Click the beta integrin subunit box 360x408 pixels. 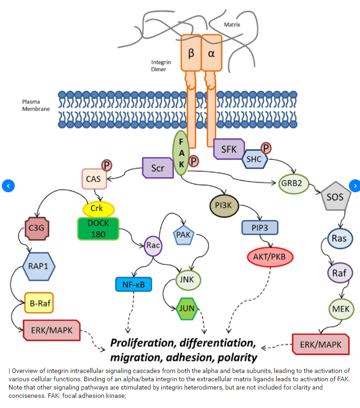click(x=191, y=53)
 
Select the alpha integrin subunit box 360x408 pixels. click(x=212, y=53)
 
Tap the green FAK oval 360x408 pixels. click(x=181, y=153)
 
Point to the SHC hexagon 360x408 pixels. click(x=254, y=160)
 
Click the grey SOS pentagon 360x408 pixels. click(x=335, y=197)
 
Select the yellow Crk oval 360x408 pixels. click(x=98, y=208)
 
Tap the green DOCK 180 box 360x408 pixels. click(x=98, y=228)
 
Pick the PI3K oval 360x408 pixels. click(x=223, y=206)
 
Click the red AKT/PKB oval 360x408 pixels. click(x=270, y=257)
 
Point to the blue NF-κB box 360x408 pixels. click(x=133, y=284)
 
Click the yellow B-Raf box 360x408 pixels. click(x=39, y=303)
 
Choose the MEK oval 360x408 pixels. click(x=342, y=309)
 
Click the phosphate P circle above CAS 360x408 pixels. click(x=106, y=165)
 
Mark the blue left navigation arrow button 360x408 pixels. click(x=8, y=186)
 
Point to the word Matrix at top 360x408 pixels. click(x=232, y=24)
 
